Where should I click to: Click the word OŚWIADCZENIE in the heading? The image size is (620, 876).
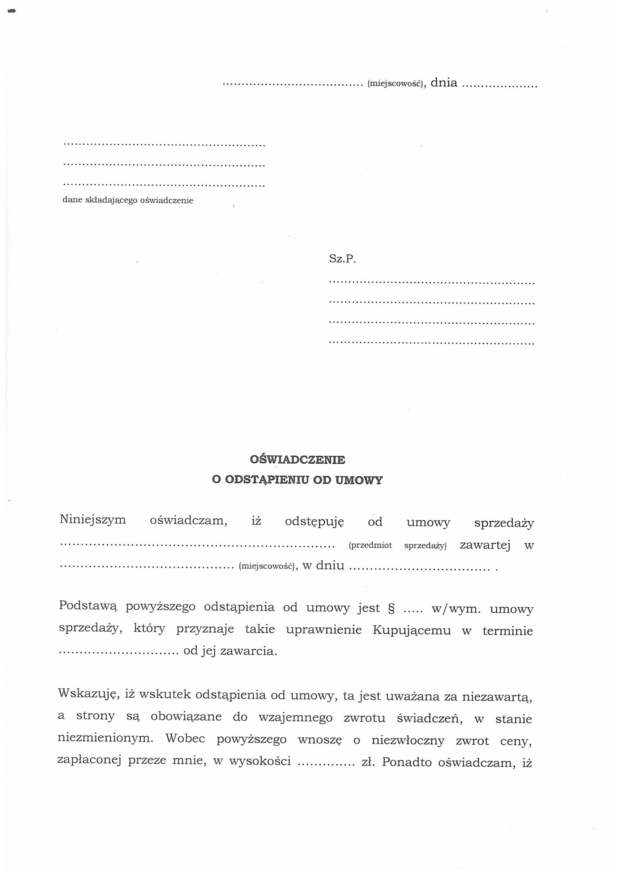tap(297, 460)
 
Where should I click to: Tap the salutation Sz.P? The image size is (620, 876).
tap(342, 260)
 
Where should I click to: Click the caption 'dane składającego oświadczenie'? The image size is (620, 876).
tap(128, 200)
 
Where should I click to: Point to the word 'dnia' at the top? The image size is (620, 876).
tap(443, 83)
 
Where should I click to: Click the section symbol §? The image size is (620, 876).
tap(391, 608)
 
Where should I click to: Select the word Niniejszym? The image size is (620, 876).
tap(93, 520)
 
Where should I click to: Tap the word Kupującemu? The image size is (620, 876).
tap(412, 630)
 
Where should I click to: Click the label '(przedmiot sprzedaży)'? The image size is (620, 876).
tap(397, 546)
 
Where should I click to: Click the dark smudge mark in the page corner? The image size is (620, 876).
tap(12, 12)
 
